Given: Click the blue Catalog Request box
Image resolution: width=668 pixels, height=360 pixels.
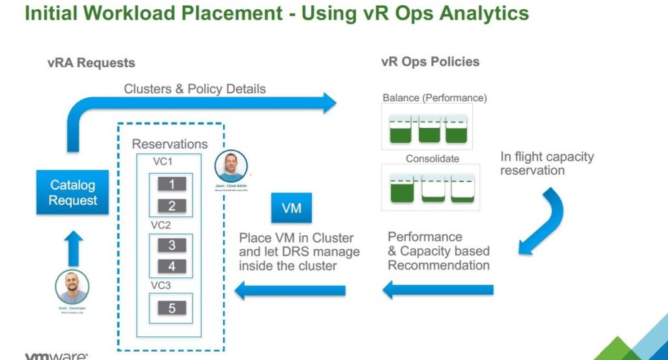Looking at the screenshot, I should [72, 192].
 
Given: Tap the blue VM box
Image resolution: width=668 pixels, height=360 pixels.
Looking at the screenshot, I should [290, 208].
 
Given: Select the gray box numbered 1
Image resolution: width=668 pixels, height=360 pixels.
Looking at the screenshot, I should [172, 185].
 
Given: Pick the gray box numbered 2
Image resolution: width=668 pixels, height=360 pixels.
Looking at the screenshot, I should [172, 206].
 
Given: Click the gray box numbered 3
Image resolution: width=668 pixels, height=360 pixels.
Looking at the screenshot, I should [172, 245].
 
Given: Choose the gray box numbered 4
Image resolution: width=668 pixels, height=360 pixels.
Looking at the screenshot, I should [172, 267].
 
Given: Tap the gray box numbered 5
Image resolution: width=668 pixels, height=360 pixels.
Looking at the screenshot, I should [172, 308].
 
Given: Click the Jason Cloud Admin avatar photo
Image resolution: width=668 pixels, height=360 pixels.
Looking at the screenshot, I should [232, 166].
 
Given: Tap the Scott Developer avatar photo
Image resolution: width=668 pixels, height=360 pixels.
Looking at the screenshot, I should [72, 287].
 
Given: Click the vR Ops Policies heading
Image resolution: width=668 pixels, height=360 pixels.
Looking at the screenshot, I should [430, 62].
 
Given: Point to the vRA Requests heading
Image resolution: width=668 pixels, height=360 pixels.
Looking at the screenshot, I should [91, 63].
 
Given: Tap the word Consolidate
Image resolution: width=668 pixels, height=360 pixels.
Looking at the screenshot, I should [432, 158].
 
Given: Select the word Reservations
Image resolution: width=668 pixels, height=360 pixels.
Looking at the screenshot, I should [170, 144].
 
